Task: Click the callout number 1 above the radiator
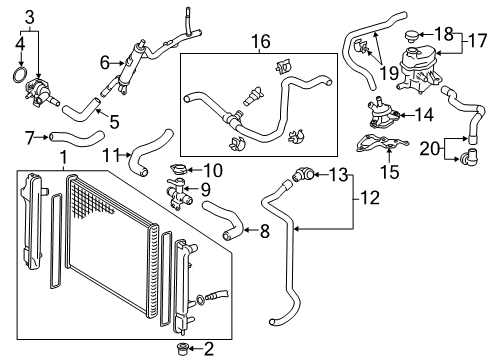point(63,157)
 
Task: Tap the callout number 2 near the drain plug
point(208,349)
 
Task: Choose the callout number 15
point(389,172)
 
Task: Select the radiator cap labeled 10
point(180,169)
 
